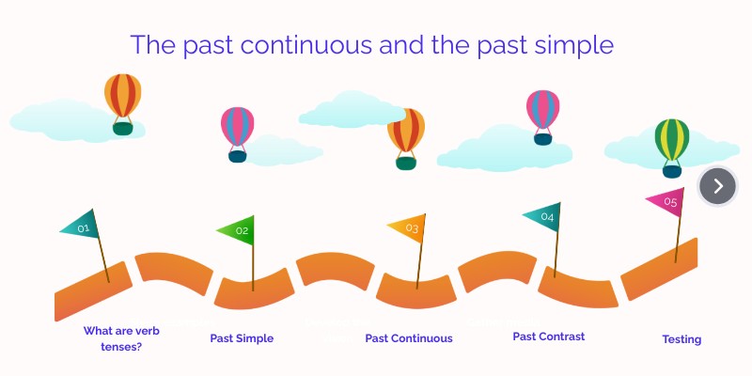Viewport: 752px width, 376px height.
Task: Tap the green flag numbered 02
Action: click(239, 230)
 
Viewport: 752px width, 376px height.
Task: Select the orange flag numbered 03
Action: click(409, 227)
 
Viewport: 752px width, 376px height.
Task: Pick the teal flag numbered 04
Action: click(543, 217)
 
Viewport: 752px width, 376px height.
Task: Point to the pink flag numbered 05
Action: click(667, 202)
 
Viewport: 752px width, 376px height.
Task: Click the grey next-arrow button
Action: click(717, 186)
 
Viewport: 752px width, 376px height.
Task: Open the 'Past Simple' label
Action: click(242, 338)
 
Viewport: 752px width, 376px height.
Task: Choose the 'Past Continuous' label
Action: click(409, 338)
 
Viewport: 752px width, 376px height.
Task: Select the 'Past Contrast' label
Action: click(549, 337)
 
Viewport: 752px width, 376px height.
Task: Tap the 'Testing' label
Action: click(681, 339)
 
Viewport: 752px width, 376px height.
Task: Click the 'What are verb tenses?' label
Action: click(121, 338)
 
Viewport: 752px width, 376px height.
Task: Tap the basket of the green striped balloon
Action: click(672, 172)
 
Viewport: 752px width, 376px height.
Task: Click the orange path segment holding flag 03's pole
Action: click(416, 291)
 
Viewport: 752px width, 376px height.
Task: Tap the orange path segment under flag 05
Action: click(659, 269)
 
